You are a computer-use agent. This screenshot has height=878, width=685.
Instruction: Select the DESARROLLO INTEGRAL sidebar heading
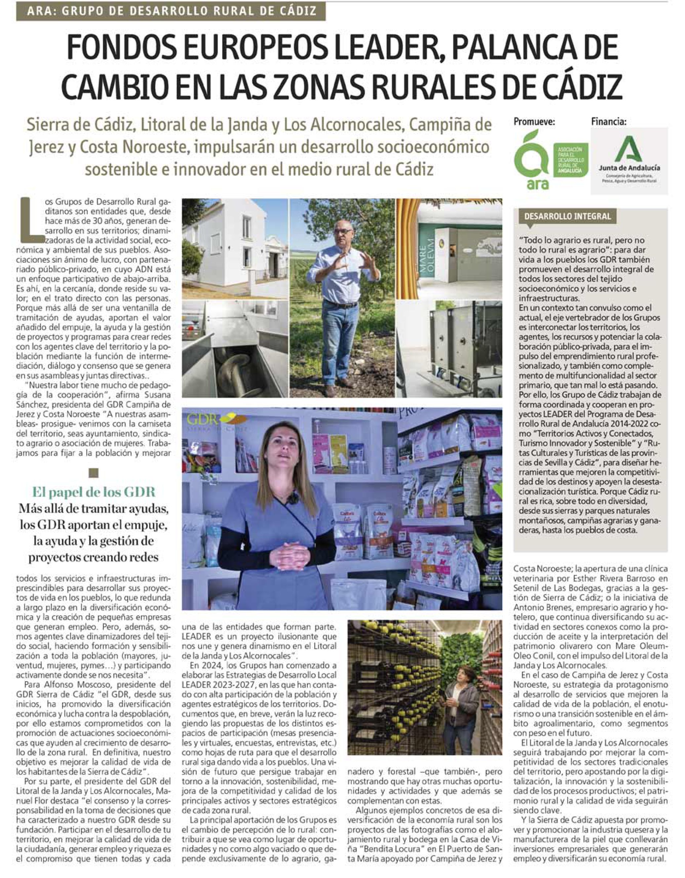pos(567,216)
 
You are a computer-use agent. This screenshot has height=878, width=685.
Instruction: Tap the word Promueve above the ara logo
pos(534,121)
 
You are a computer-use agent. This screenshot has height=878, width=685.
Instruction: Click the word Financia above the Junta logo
pos(608,121)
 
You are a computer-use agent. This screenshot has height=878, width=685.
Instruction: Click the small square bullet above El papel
pos(94,472)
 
